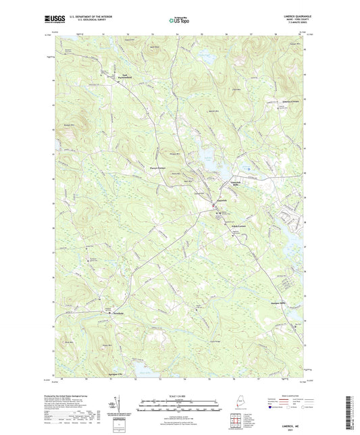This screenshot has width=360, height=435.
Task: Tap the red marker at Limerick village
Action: (x=218, y=214)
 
